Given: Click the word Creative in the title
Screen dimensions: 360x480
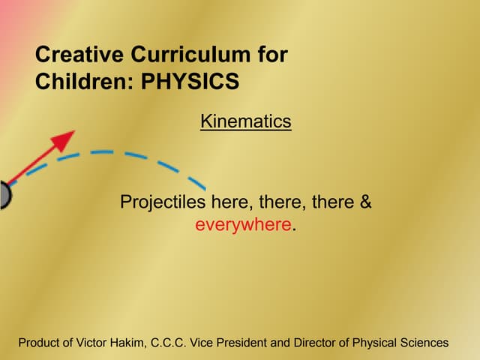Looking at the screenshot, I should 80,55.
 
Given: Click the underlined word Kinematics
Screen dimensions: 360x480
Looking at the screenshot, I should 245,121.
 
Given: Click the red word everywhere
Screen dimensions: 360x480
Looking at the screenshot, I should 242,224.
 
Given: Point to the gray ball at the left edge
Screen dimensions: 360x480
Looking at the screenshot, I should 4,195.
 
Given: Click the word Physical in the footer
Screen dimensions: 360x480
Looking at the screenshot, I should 373,343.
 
